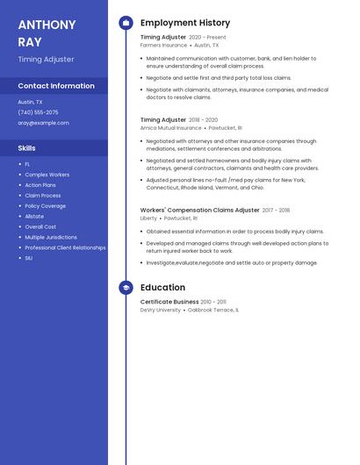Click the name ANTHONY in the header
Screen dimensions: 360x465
(x=47, y=24)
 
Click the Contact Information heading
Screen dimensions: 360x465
(x=56, y=86)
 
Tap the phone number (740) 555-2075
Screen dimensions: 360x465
(x=38, y=112)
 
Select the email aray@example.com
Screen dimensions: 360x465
(x=43, y=123)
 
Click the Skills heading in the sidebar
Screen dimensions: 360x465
(x=27, y=148)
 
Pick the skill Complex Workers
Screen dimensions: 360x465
(x=47, y=175)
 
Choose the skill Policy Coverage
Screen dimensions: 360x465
(x=45, y=205)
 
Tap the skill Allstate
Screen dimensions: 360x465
(x=34, y=216)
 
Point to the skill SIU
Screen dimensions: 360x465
(x=29, y=258)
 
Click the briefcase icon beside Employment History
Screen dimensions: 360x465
(x=126, y=23)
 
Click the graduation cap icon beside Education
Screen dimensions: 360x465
(x=126, y=287)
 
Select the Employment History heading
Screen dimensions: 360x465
(x=185, y=23)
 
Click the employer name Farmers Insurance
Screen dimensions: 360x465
(x=163, y=45)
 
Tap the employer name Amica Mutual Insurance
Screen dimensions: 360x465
(x=170, y=127)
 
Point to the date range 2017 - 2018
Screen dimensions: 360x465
(x=276, y=211)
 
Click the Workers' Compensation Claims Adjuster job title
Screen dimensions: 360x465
(x=199, y=211)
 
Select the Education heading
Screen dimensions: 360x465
(x=162, y=287)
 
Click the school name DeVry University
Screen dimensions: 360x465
(x=160, y=310)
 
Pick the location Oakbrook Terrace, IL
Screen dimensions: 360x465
(x=212, y=310)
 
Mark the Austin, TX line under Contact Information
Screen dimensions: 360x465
(x=30, y=102)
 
